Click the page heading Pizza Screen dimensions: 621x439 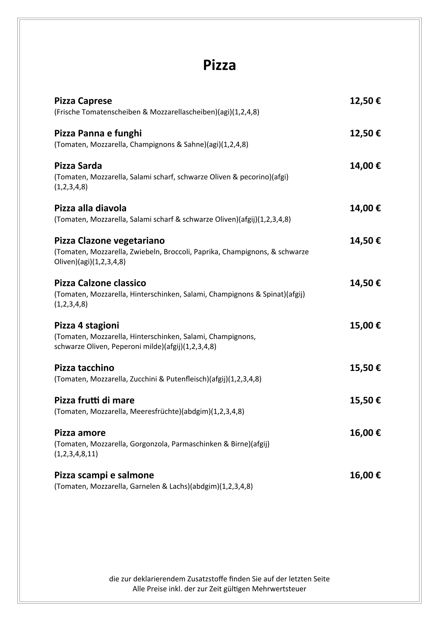(219, 65)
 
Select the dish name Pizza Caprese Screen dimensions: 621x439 (83, 101)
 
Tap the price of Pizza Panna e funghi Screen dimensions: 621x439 (365, 134)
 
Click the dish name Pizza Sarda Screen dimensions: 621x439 (78, 166)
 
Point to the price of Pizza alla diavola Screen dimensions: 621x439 (365, 208)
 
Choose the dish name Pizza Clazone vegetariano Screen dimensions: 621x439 (109, 241)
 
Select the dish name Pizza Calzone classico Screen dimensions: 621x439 (100, 283)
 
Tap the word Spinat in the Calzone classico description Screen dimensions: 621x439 (273, 294)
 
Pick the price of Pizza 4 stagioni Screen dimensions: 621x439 (365, 326)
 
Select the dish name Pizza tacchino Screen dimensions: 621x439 (84, 368)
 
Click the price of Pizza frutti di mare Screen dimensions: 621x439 (365, 400)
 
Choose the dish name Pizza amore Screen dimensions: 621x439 (80, 433)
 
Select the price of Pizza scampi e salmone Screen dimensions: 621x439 (365, 475)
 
